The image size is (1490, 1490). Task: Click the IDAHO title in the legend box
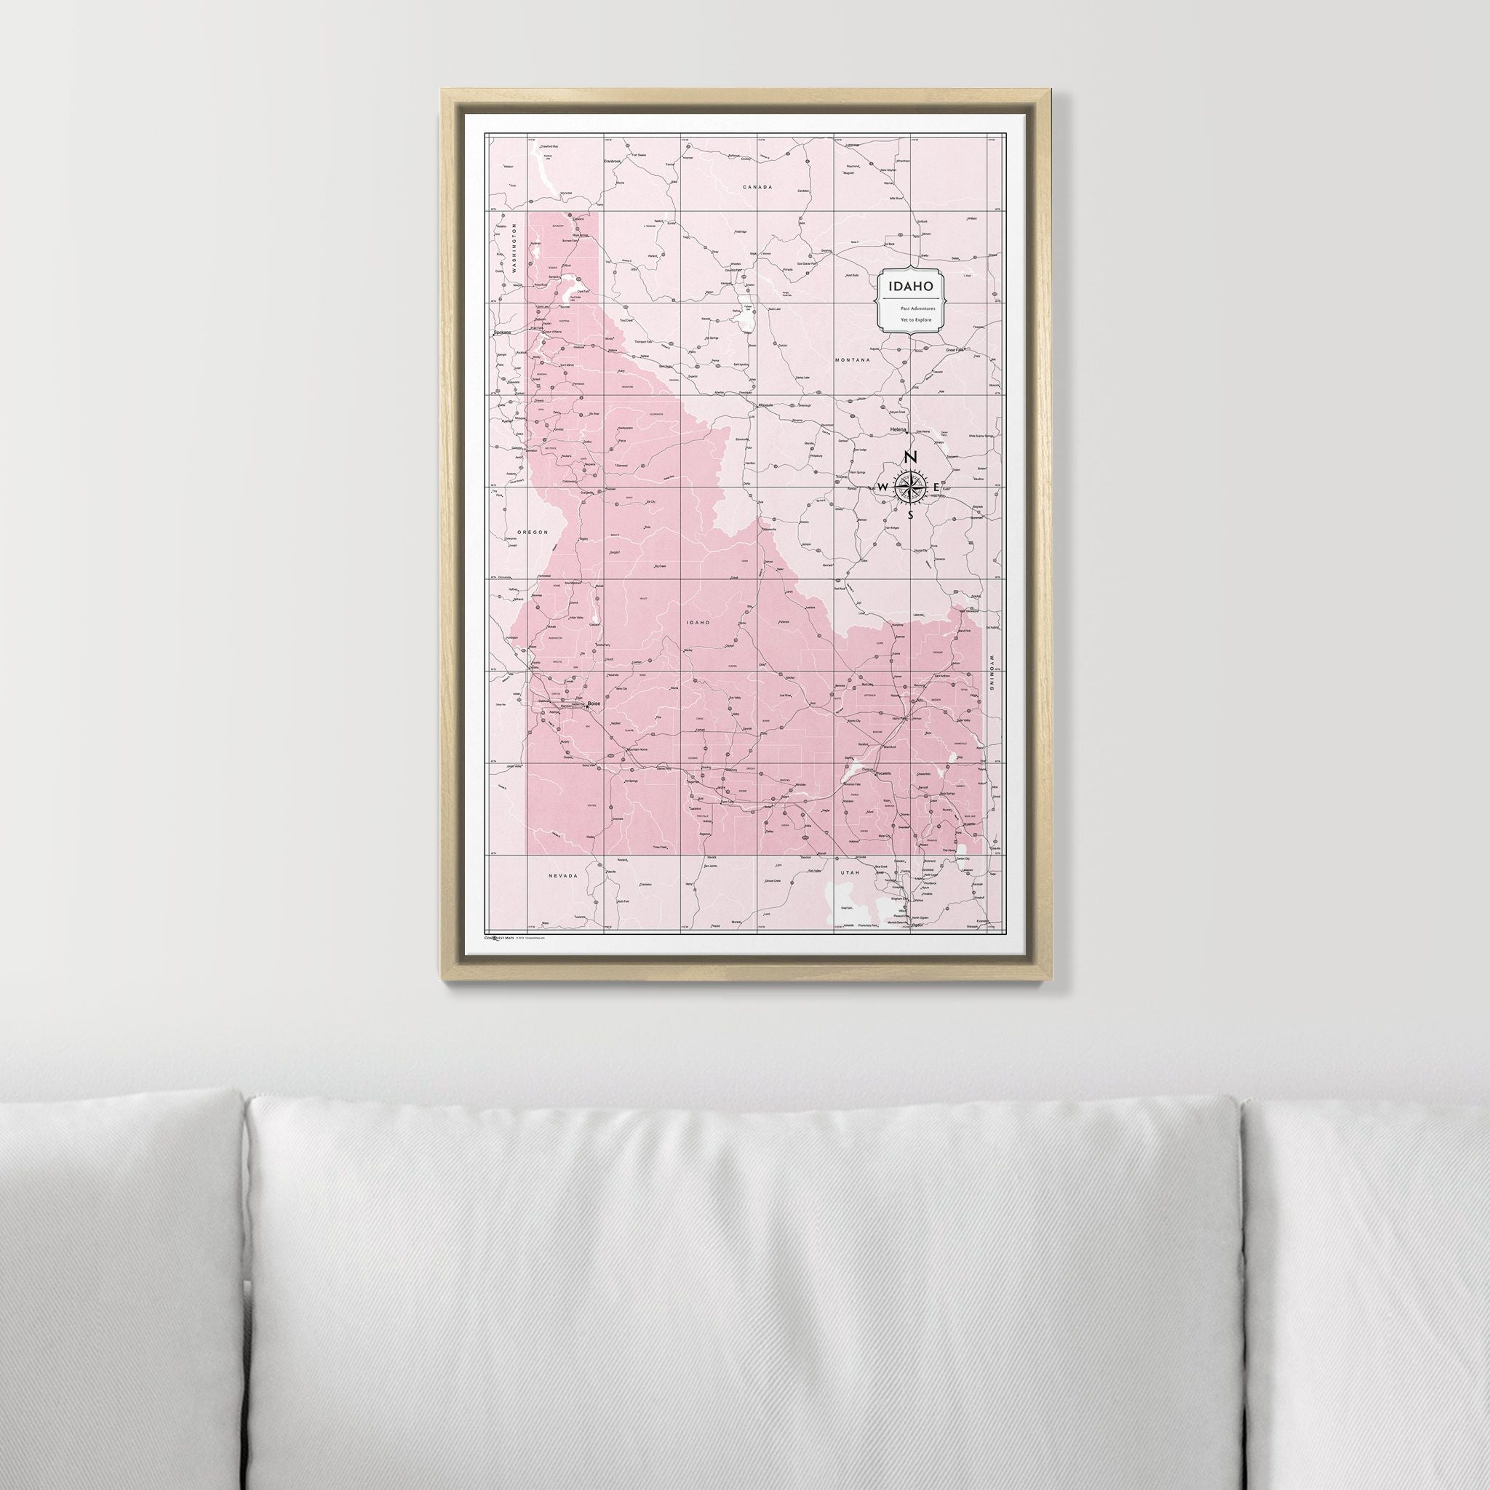[911, 286]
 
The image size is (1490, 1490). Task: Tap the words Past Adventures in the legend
[911, 308]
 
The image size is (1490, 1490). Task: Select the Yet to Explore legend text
[911, 319]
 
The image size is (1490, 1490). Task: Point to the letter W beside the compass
[883, 487]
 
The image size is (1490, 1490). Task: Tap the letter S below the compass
[910, 515]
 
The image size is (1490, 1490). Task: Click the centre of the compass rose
[910, 487]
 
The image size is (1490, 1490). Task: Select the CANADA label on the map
[757, 188]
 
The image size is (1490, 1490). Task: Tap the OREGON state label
[532, 532]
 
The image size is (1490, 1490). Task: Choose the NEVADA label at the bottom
[563, 876]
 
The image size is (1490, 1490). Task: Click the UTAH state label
[849, 872]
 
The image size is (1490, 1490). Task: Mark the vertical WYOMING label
[992, 664]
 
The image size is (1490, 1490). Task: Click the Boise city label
[594, 704]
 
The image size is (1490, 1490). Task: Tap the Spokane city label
[503, 333]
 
